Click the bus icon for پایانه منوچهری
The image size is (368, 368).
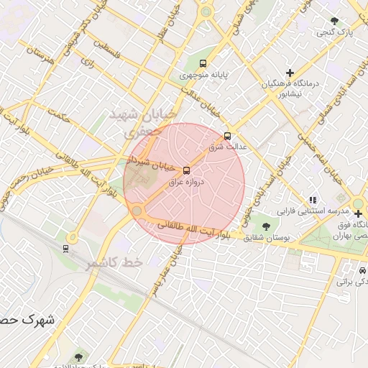203,63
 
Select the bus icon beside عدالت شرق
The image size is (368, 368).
228,135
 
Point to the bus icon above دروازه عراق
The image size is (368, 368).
187,170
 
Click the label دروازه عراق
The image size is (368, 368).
187,183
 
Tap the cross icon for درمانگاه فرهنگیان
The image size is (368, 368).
290,73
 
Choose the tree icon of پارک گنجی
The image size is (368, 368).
333,21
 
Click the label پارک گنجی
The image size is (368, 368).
333,32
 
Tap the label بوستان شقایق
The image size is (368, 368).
266,236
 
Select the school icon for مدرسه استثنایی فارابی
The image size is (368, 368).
312,201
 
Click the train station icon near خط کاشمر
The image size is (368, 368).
66,248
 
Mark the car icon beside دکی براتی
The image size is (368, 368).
360,271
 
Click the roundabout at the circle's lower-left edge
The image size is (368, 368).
137,210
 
